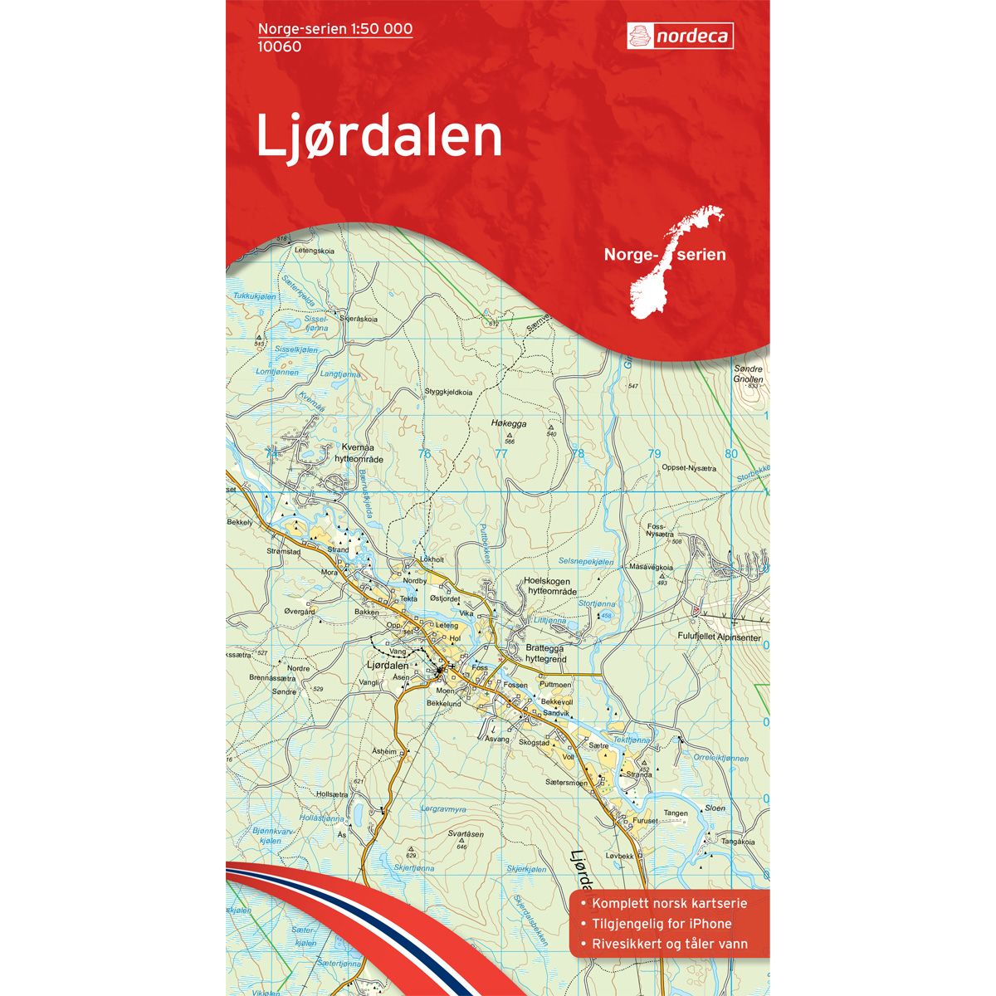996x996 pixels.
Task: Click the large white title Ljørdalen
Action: (379, 136)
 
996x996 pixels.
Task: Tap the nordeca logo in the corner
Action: (681, 36)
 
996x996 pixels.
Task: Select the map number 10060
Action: (279, 46)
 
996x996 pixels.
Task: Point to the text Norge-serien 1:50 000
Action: (335, 29)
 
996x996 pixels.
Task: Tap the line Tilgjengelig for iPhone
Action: (656, 924)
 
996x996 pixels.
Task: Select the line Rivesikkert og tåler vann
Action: (668, 944)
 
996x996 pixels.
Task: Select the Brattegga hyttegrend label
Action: (546, 652)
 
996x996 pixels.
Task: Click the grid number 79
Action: (654, 453)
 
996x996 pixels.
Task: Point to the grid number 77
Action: (500, 453)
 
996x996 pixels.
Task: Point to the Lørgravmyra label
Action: (445, 808)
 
